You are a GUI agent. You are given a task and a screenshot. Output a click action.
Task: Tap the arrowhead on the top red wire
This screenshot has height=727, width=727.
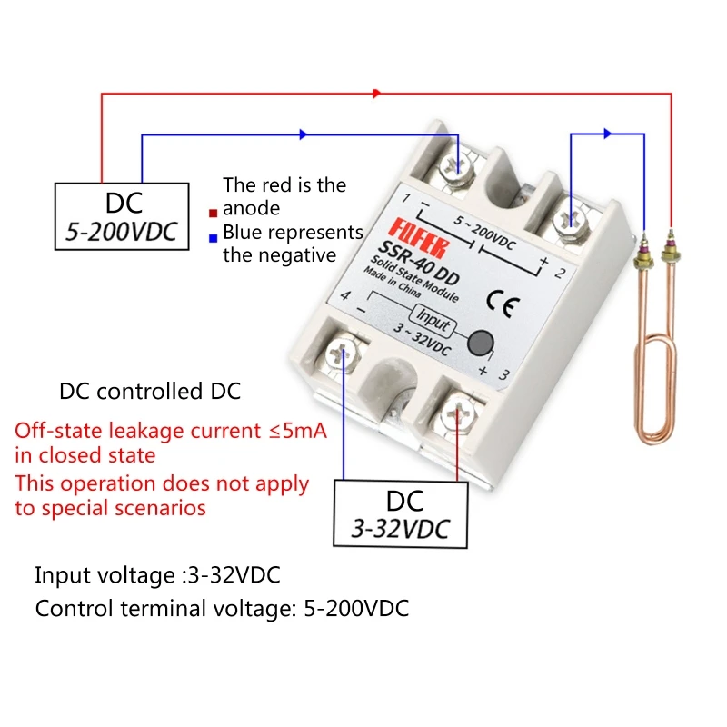pyautogui.click(x=376, y=93)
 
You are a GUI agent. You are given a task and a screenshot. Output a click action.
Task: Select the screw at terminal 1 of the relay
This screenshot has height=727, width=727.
pyautogui.click(x=461, y=167)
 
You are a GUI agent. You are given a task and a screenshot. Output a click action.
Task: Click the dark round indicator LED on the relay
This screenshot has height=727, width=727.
pyautogui.click(x=481, y=343)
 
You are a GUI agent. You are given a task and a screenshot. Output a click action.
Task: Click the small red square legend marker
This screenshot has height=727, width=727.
pyautogui.click(x=212, y=214)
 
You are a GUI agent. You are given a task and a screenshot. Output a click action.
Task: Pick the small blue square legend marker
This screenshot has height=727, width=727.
pyautogui.click(x=212, y=238)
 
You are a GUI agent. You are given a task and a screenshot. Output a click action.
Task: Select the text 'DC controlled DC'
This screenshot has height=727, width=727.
pyautogui.click(x=150, y=393)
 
